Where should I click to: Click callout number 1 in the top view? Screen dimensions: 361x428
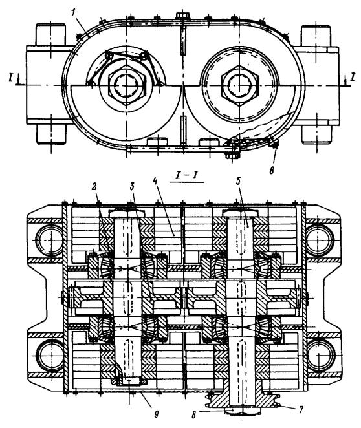[73, 13]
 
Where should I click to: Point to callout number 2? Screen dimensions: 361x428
[94, 187]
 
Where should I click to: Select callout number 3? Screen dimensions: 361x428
[133, 187]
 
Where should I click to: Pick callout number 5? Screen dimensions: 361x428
[238, 182]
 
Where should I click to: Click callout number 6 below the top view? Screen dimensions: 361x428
[272, 170]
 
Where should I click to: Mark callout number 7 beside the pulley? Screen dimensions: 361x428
[301, 410]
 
